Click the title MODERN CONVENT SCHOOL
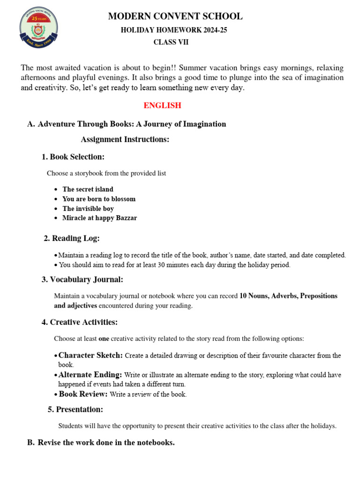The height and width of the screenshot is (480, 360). (175, 16)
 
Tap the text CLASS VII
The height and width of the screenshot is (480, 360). (171, 43)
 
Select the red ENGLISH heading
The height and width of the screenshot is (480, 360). (162, 105)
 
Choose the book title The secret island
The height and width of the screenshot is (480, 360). (88, 189)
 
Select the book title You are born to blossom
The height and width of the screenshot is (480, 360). (99, 199)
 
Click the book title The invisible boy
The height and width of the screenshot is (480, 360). (88, 209)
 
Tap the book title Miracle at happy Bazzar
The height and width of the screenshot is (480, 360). (99, 218)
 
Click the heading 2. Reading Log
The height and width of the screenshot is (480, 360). (71, 239)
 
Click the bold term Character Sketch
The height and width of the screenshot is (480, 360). (91, 355)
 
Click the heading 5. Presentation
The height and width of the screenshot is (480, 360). (75, 410)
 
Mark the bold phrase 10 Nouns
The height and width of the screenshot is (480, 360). (253, 296)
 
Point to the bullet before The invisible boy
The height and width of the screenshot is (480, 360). (56, 209)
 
